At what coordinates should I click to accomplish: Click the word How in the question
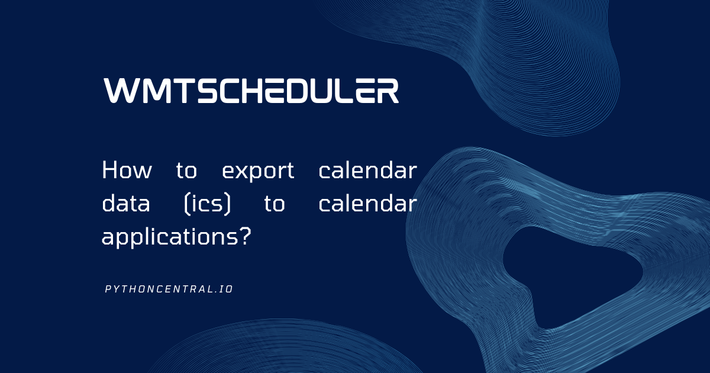coord(127,170)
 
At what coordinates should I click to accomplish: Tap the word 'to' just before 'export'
coord(187,171)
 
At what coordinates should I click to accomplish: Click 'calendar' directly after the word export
coord(367,170)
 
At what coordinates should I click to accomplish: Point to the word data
coord(126,203)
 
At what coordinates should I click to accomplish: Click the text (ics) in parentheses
coord(207,204)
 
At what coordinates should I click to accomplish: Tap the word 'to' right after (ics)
coord(275,204)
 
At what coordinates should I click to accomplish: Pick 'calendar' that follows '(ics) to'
coord(367,203)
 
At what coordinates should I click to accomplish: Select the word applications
coord(170,237)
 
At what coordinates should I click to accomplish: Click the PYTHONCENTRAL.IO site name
coord(169,289)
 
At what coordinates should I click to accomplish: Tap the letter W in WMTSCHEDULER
coord(121,91)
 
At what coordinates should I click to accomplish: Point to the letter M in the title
coord(154,91)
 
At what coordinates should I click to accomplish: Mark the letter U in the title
coord(325,91)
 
